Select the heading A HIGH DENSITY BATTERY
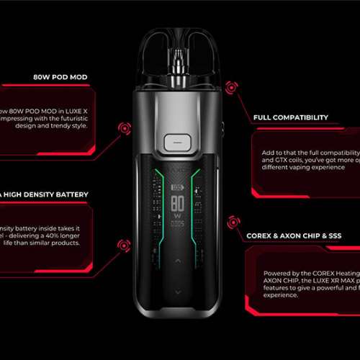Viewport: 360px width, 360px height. [45, 194]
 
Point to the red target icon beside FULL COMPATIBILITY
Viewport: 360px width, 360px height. [232, 88]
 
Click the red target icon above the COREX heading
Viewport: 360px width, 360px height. [232, 221]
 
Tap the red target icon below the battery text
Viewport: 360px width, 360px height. [122, 246]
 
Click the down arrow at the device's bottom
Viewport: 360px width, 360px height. [176, 292]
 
